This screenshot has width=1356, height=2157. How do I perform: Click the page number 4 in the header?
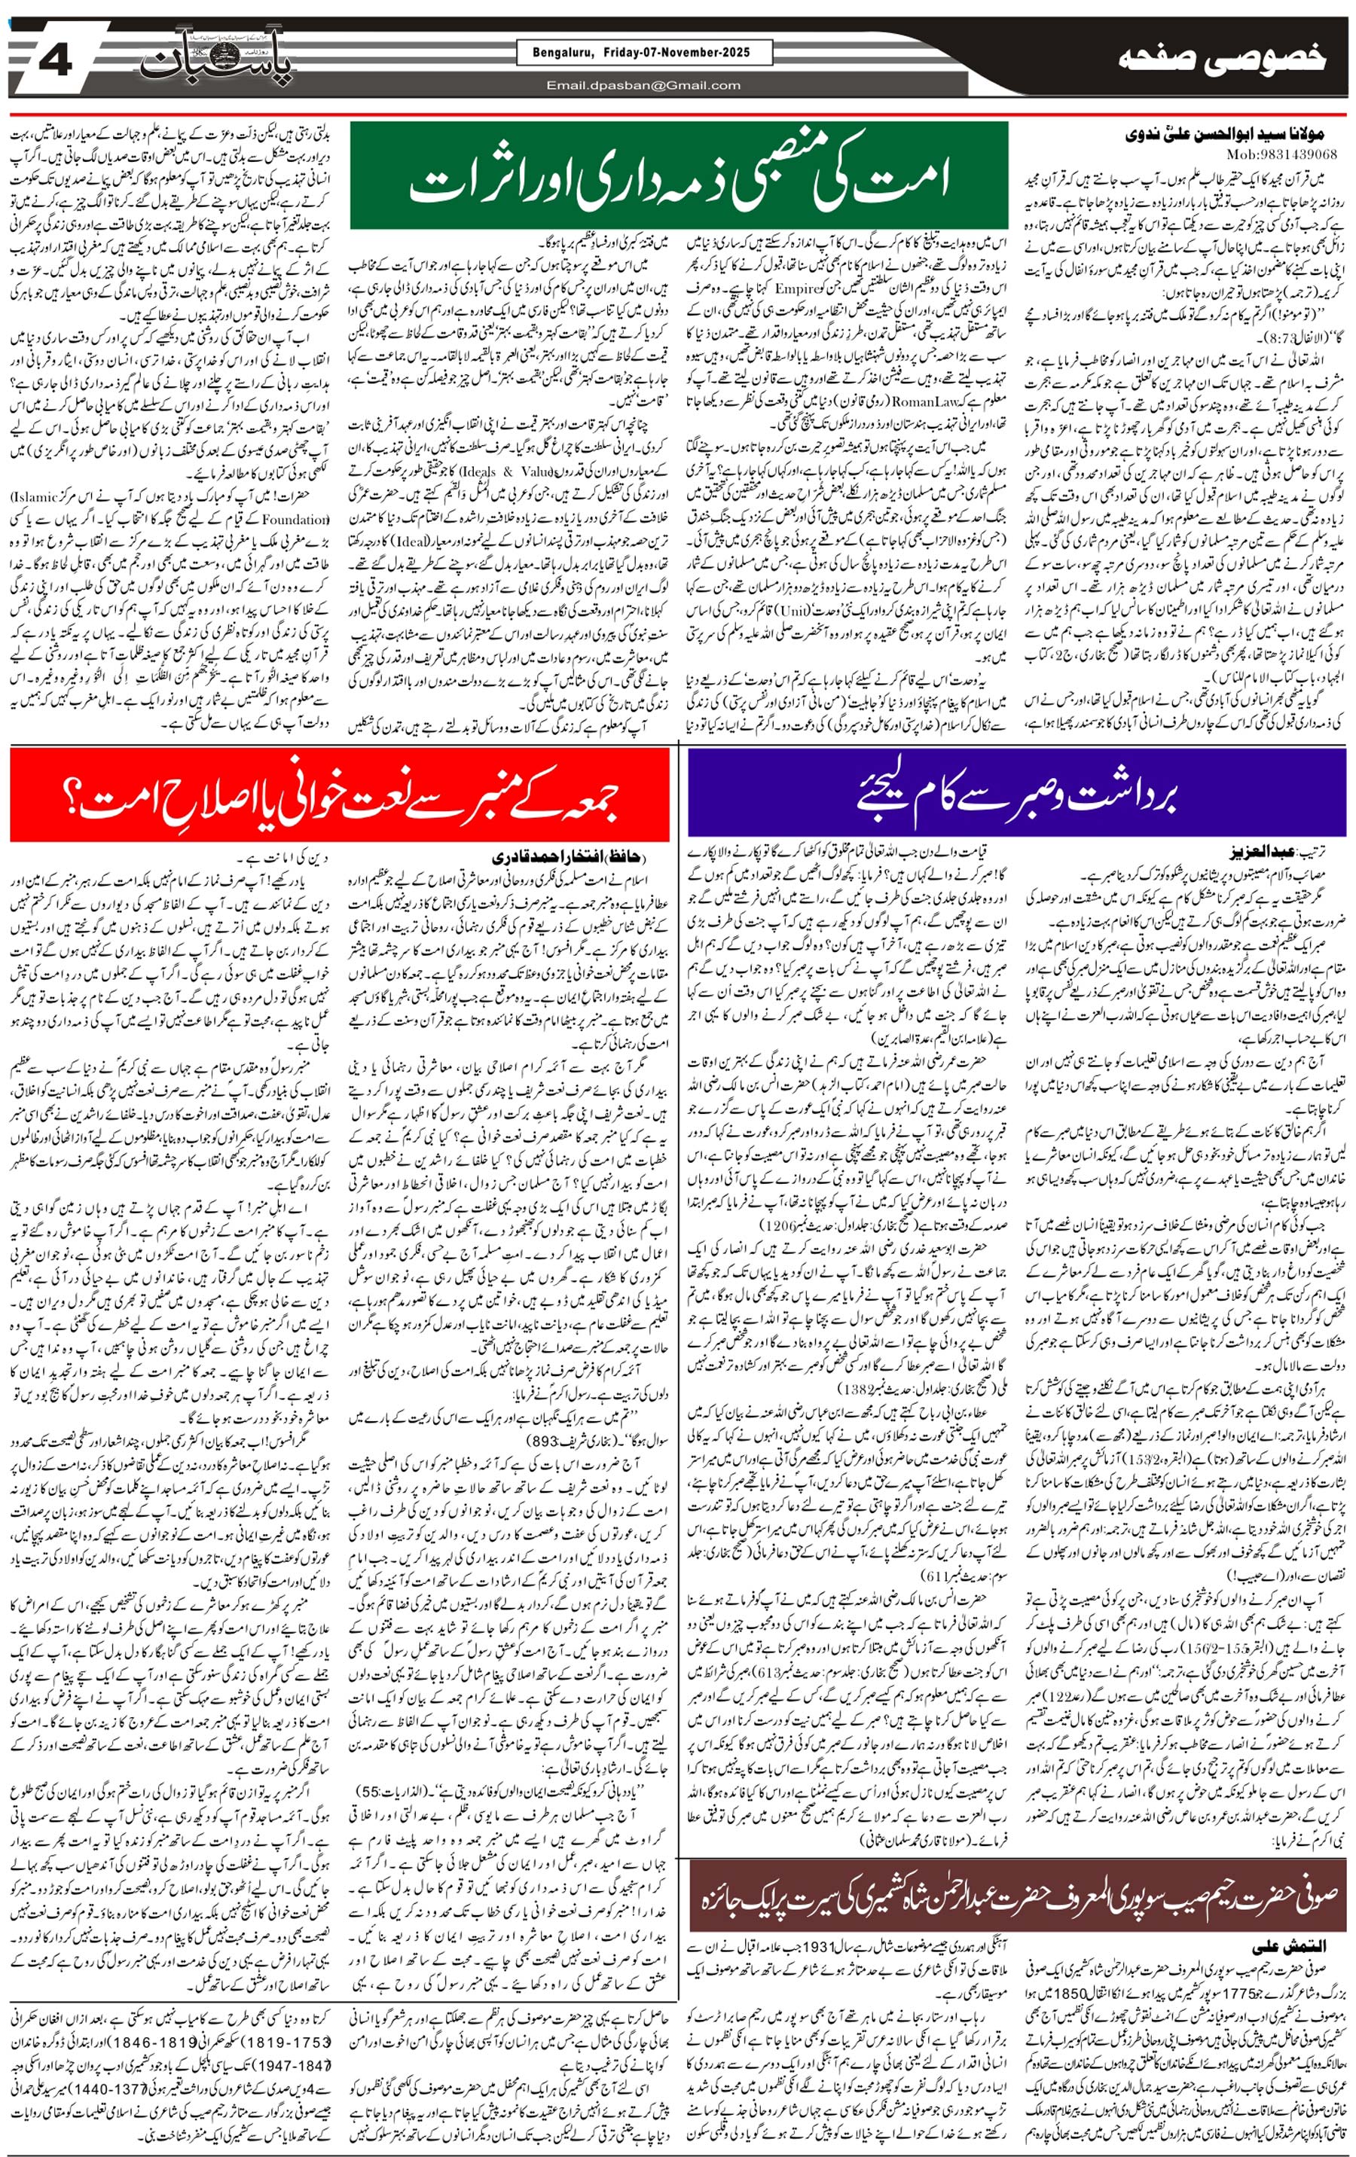tap(56, 61)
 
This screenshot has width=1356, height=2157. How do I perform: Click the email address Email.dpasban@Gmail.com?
tap(643, 86)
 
